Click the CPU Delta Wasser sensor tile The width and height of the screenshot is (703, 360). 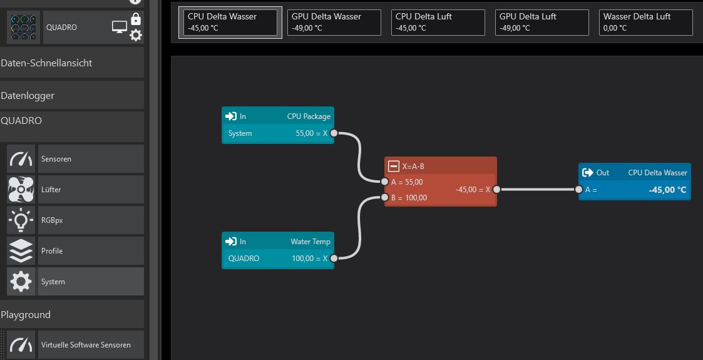pos(230,22)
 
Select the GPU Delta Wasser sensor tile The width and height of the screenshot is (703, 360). pos(334,22)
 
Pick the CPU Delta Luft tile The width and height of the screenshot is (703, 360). pos(438,22)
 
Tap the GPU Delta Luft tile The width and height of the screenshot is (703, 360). pos(541,22)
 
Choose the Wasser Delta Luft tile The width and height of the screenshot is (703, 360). pos(645,22)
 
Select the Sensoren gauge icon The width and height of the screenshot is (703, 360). pos(21,159)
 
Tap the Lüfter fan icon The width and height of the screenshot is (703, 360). pos(21,190)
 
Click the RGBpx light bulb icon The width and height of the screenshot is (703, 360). pos(21,220)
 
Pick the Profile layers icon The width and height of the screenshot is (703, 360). pos(21,251)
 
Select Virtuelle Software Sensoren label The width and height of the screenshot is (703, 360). pos(86,345)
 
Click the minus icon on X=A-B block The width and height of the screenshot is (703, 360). pos(393,166)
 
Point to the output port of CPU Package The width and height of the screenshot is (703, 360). pos(334,133)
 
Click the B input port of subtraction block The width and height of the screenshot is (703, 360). pos(385,198)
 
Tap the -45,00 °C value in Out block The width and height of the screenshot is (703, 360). pos(667,190)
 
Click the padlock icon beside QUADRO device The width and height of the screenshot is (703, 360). pos(136,19)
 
